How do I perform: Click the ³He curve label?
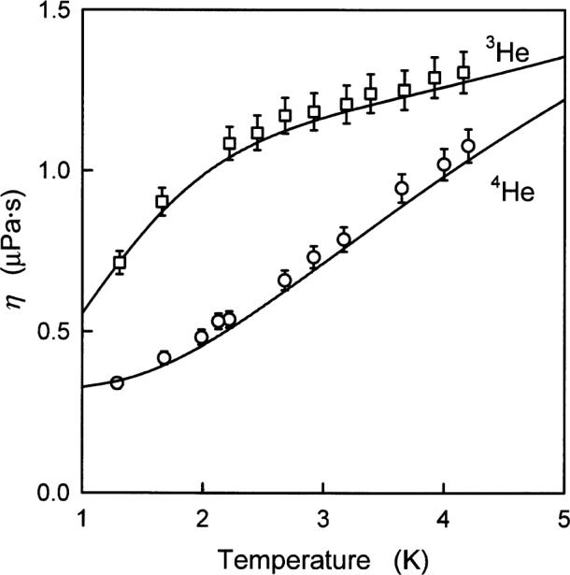508,55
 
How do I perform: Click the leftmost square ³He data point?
120,263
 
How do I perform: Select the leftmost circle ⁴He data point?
117,382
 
